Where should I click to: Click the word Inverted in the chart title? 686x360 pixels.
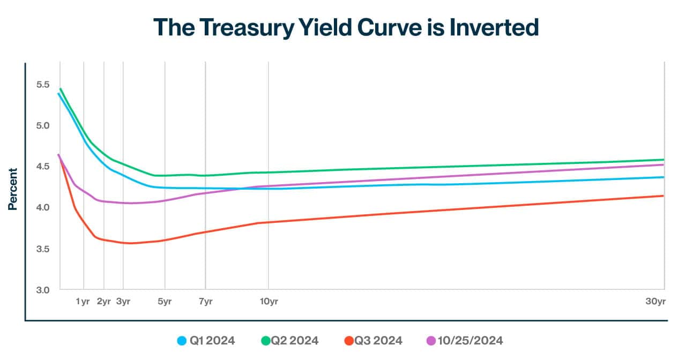493,27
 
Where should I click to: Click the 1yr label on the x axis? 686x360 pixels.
83,302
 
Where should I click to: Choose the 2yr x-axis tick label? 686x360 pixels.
103,302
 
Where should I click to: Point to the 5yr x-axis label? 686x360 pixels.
165,302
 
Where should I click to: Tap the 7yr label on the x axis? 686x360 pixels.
205,302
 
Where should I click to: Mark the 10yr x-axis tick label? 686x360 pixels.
269,302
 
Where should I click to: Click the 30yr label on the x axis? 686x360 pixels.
655,302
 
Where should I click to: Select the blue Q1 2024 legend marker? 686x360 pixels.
182,341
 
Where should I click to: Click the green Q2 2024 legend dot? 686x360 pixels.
265,341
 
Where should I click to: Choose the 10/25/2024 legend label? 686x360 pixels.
470,341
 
